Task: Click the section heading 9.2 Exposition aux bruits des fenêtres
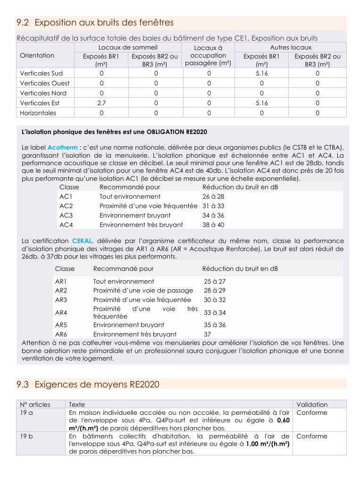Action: (x=95, y=23)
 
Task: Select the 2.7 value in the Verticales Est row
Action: (x=101, y=103)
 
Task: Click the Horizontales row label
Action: (x=38, y=113)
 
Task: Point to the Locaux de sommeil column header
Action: (x=128, y=47)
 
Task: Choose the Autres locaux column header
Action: (x=291, y=47)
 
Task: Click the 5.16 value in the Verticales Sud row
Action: (x=261, y=73)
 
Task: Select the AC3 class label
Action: (x=66, y=215)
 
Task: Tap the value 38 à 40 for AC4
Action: (x=213, y=225)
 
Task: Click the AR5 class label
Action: (x=61, y=325)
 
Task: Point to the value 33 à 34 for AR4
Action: (x=215, y=312)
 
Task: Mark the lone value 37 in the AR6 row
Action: (x=207, y=334)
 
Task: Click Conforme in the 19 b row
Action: (x=311, y=436)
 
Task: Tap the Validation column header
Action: (x=312, y=404)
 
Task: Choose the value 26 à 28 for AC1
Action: (x=213, y=196)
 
